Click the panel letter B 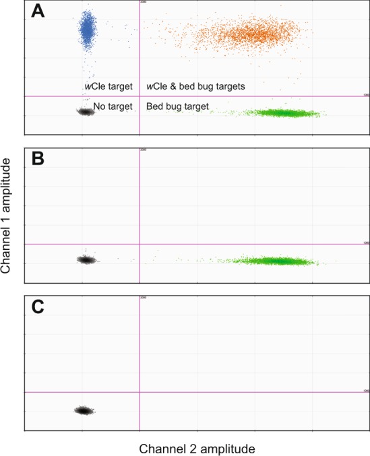pyautogui.click(x=38, y=160)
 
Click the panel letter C pyautogui.click(x=38, y=307)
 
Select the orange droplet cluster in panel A pyautogui.click(x=236, y=34)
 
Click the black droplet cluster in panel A pyautogui.click(x=85, y=112)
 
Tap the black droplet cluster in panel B pyautogui.click(x=86, y=259)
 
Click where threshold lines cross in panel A pyautogui.click(x=140, y=96)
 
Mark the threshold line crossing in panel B pyautogui.click(x=140, y=244)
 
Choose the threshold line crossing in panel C pyautogui.click(x=140, y=391)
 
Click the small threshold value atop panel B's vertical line pyautogui.click(x=143, y=150)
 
